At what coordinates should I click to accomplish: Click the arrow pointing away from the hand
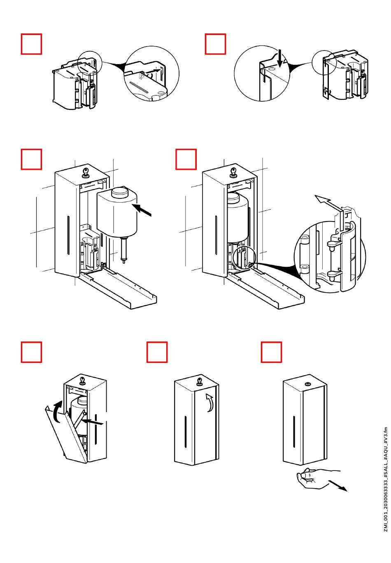pos(337,486)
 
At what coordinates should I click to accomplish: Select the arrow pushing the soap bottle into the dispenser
pos(142,210)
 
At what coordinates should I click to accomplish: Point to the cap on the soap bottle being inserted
pos(120,193)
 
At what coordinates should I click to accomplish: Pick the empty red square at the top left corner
pos(31,44)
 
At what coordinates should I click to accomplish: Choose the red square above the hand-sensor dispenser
pos(271,352)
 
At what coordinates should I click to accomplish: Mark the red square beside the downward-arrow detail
pos(215,44)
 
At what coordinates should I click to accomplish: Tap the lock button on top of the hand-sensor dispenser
pos(307,384)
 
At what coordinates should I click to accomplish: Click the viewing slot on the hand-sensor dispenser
pos(294,431)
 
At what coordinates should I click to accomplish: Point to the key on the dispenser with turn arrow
pos(199,382)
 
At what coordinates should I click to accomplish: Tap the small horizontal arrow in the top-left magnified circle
pos(153,71)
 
